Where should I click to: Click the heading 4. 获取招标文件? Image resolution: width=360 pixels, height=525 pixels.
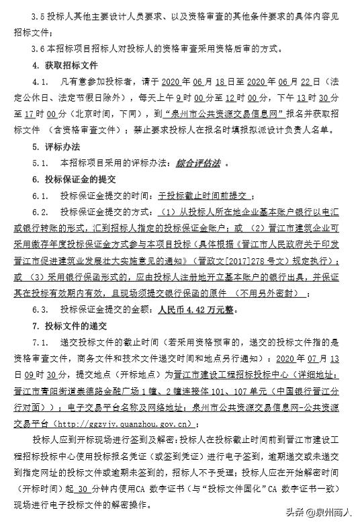[x=65, y=65]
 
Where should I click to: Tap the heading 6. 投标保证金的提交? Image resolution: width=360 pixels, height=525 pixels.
[x=74, y=179]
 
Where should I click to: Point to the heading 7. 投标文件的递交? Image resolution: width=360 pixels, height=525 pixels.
[x=74, y=325]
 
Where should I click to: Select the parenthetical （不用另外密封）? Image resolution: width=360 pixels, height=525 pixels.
[x=268, y=292]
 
